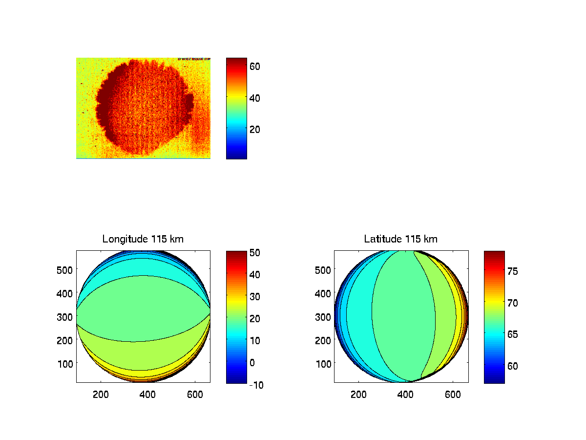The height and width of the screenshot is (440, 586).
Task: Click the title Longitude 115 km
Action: (x=143, y=239)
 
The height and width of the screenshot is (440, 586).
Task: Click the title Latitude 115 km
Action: (x=401, y=239)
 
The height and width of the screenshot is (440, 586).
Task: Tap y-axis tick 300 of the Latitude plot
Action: (x=323, y=316)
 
